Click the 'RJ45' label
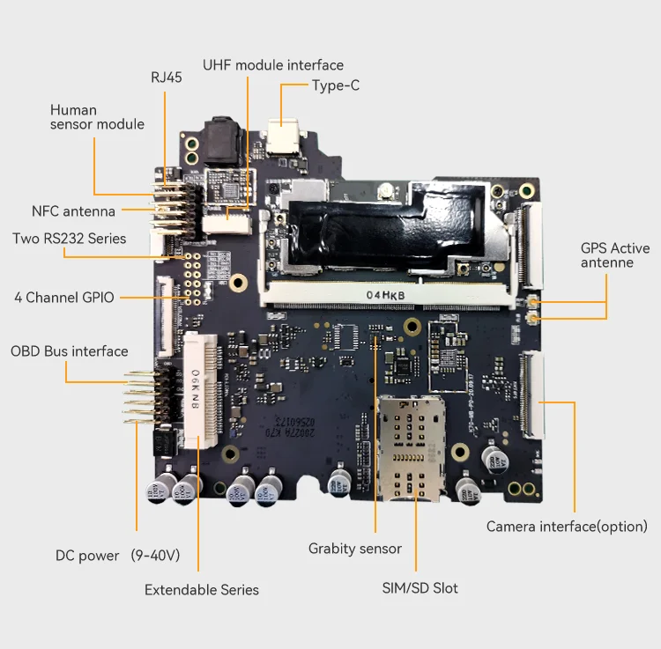(166, 77)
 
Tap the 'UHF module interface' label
(272, 65)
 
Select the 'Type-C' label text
(336, 85)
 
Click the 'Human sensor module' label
(96, 117)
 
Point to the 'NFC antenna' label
(73, 211)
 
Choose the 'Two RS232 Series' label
(69, 239)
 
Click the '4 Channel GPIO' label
(63, 298)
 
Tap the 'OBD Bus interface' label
(69, 351)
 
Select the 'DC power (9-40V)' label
(117, 556)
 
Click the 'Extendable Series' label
(202, 590)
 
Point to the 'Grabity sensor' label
(354, 549)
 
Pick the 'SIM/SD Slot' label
(420, 587)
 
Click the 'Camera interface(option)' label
(567, 527)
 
